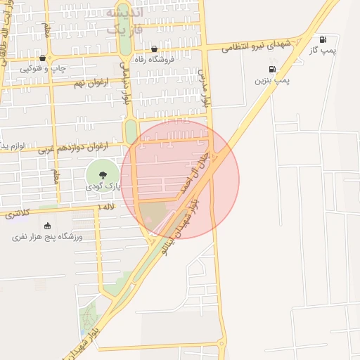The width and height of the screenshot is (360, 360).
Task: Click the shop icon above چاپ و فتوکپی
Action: (x=43, y=58)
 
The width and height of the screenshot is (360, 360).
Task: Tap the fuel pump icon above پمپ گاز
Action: (x=323, y=39)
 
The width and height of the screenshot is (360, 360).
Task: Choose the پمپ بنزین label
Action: (x=272, y=80)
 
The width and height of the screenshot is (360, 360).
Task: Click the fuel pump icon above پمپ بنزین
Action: (x=272, y=70)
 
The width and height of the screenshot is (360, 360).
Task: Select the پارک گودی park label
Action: (x=104, y=186)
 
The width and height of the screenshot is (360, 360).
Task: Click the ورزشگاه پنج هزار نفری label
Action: (x=47, y=237)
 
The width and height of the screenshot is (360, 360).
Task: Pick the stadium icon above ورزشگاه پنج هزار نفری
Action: (x=47, y=226)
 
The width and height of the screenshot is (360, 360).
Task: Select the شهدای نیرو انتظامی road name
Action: (x=257, y=45)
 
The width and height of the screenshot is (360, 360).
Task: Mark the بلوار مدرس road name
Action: (x=205, y=88)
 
